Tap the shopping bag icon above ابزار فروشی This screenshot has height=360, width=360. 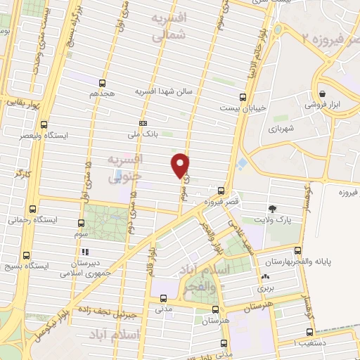coord(322,93)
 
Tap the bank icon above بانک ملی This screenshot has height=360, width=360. coord(143,122)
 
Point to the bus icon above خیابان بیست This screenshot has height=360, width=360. coord(243,98)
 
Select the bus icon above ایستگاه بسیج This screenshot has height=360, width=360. coord(26,255)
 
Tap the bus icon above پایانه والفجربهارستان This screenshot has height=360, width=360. coord(299,251)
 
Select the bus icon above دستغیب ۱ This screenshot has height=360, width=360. coord(309,333)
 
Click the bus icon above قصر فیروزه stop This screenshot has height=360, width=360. coord(221,191)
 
